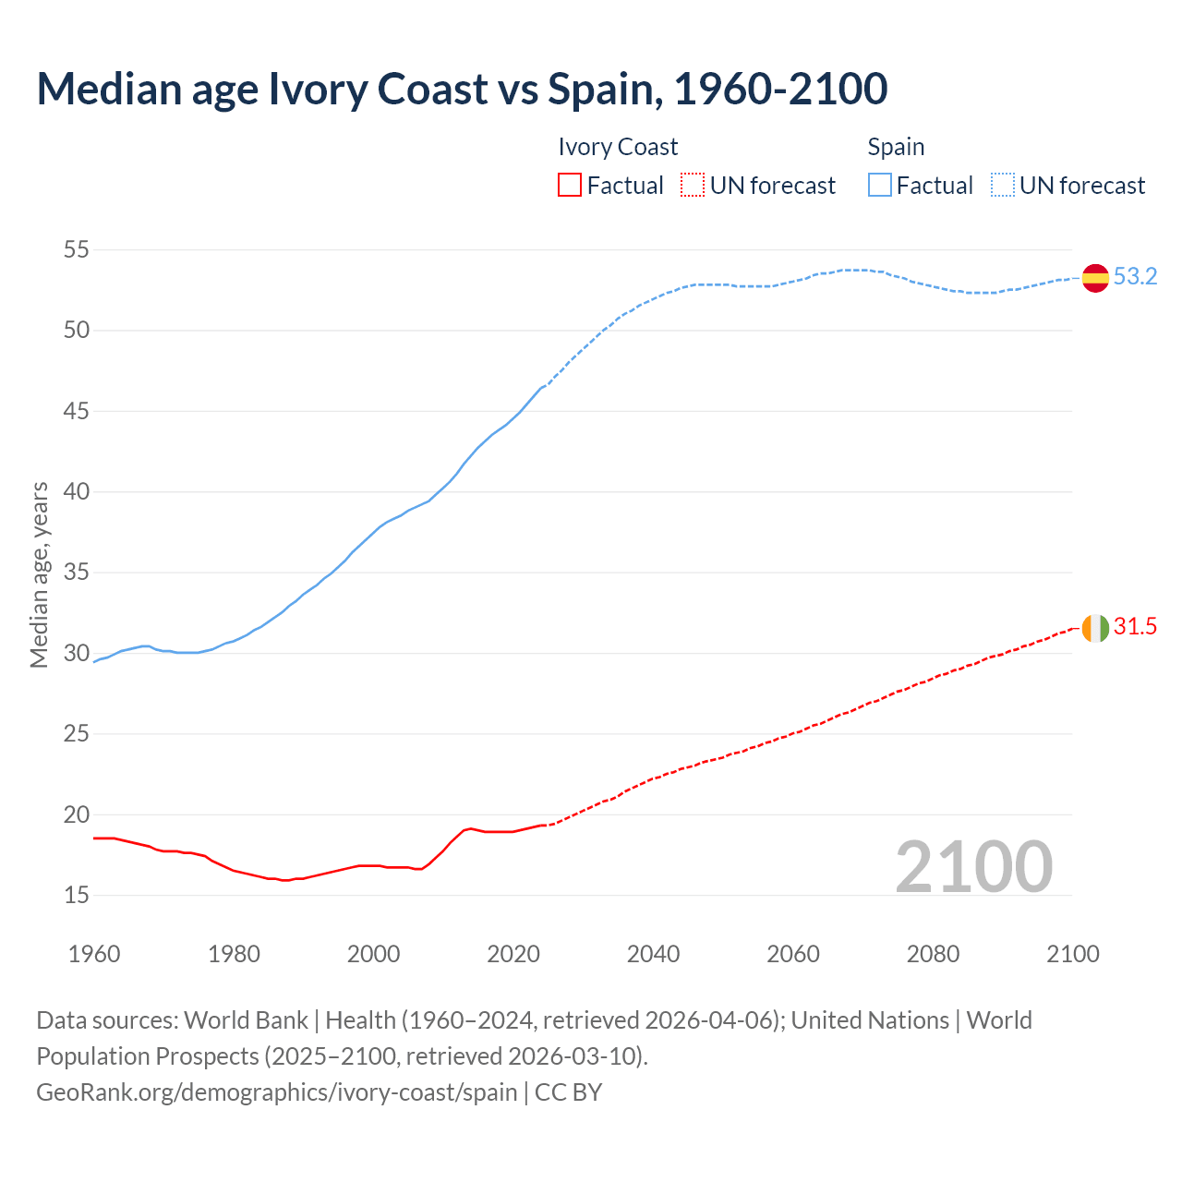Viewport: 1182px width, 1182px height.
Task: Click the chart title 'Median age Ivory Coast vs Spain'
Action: coord(462,89)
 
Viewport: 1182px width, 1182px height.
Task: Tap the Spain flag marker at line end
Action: coord(1095,277)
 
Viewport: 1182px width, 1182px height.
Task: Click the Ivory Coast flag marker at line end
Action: coord(1095,628)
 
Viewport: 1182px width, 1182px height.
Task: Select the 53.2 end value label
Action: coord(1135,277)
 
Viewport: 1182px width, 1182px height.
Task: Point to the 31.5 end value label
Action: coord(1135,627)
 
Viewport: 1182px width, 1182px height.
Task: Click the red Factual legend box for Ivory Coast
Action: coord(570,186)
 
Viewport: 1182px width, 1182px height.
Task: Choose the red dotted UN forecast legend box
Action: coord(693,186)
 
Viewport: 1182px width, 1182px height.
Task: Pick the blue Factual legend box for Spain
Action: coord(880,186)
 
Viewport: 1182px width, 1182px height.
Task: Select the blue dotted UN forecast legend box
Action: coord(1003,186)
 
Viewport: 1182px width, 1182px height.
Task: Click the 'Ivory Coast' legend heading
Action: coord(618,148)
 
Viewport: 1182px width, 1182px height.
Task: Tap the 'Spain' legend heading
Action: coord(896,148)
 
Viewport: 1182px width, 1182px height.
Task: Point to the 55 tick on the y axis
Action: coord(77,249)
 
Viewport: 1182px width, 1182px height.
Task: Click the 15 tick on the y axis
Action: coord(77,895)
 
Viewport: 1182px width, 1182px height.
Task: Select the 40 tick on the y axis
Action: coord(77,491)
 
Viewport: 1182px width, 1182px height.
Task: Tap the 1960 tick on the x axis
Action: coord(94,954)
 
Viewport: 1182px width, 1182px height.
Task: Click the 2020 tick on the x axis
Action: coord(513,954)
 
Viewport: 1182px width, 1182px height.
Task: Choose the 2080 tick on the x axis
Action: coord(933,954)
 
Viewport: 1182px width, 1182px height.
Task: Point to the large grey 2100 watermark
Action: coord(974,867)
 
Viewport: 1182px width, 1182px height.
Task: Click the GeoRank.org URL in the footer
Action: coord(277,1092)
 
